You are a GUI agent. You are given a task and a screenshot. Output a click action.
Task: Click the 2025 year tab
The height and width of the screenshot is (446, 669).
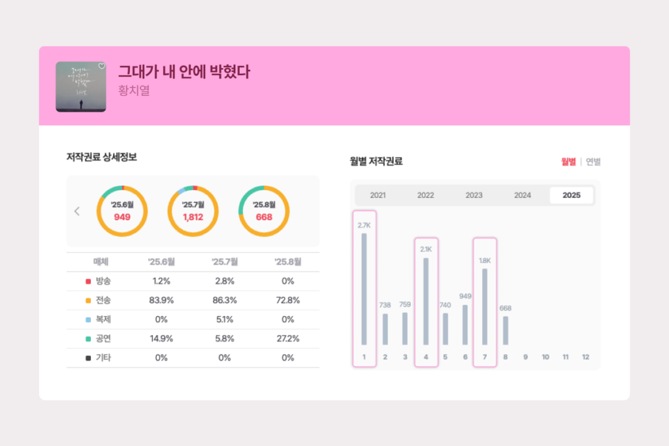[571, 195]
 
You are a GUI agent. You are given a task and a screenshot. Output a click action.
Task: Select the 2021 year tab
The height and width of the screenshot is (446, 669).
[378, 195]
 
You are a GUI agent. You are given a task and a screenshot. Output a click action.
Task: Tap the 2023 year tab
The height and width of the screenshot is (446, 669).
[474, 195]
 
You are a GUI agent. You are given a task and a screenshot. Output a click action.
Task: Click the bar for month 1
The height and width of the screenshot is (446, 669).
[364, 289]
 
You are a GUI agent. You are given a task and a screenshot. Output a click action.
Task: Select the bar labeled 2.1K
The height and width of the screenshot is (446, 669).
[426, 301]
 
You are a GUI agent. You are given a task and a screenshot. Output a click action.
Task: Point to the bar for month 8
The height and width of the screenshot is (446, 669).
[505, 330]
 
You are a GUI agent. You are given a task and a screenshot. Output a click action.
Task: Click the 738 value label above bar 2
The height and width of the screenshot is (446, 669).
[385, 305]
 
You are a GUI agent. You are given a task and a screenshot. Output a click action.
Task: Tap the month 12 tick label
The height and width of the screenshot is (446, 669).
[585, 357]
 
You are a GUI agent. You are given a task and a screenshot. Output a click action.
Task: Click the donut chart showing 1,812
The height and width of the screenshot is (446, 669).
[193, 211]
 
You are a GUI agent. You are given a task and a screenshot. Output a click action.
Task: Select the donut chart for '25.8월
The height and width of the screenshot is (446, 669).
[264, 211]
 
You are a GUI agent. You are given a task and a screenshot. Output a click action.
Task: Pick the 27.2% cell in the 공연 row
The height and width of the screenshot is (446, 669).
[287, 339]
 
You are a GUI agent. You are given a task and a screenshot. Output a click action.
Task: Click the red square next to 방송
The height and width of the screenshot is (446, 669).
[88, 281]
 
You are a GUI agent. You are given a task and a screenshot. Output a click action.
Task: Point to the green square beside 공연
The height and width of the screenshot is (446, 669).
[88, 339]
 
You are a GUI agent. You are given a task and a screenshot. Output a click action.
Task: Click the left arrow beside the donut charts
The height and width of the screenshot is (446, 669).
[77, 211]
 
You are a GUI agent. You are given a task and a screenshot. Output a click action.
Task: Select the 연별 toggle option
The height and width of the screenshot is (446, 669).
[593, 162]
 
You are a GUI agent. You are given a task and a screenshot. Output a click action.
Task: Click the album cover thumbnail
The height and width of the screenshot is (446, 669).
[81, 87]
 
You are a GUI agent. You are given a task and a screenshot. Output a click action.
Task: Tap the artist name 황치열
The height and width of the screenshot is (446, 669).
[134, 91]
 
